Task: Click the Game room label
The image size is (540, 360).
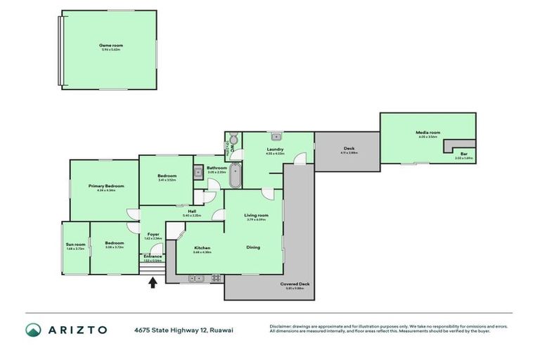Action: pyautogui.click(x=110, y=45)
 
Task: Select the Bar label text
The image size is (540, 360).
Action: pyautogui.click(x=463, y=154)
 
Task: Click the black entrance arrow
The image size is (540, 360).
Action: pyautogui.click(x=153, y=283)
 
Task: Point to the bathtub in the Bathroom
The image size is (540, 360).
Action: pyautogui.click(x=235, y=176)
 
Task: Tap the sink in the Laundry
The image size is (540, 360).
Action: pyautogui.click(x=276, y=136)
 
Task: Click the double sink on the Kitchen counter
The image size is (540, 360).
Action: pyautogui.click(x=196, y=278)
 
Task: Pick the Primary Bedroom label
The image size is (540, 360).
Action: pyautogui.click(x=106, y=186)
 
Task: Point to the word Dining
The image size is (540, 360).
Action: pyautogui.click(x=253, y=247)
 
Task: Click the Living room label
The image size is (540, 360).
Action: pyautogui.click(x=256, y=215)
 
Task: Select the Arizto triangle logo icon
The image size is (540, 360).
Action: pyautogui.click(x=33, y=330)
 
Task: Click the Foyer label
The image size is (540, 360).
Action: pyautogui.click(x=153, y=234)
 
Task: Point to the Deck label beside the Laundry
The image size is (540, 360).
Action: pyautogui.click(x=348, y=148)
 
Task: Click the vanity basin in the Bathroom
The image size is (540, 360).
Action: pyautogui.click(x=198, y=170)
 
